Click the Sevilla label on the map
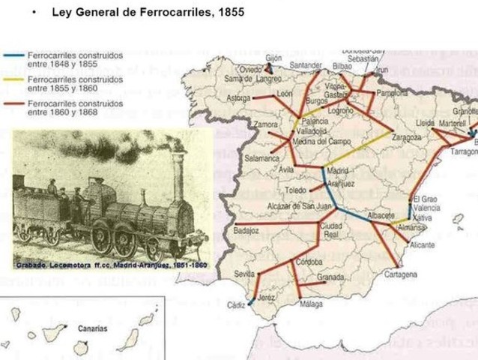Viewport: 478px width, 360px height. tap(244, 274)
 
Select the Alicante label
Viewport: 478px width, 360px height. tap(423, 244)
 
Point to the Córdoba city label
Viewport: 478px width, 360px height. tap(309, 262)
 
